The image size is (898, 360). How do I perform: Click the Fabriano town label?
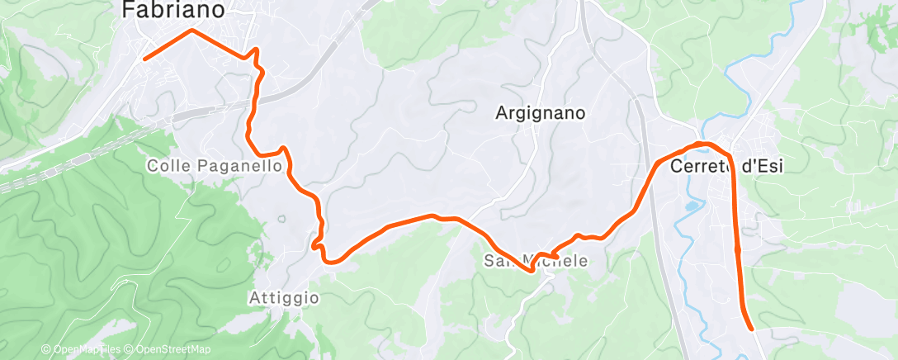[x=173, y=11]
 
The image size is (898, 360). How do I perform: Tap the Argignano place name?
[x=541, y=113]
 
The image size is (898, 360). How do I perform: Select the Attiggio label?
[x=283, y=297]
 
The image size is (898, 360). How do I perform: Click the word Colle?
[x=168, y=166]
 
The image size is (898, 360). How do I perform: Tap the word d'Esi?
[x=763, y=166]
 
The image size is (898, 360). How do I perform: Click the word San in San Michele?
[x=498, y=261]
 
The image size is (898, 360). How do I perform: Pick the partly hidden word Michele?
[x=562, y=261]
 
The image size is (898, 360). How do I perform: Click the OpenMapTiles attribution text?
[x=87, y=349]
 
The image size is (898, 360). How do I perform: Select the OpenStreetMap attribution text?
[x=168, y=349]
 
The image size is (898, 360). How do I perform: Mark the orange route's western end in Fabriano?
[x=144, y=59]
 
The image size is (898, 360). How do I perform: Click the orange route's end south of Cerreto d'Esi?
[x=752, y=329]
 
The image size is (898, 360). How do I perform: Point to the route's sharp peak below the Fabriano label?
[x=192, y=31]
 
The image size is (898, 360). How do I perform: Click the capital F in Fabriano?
[x=129, y=11]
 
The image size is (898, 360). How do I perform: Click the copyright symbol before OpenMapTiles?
[x=46, y=349]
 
